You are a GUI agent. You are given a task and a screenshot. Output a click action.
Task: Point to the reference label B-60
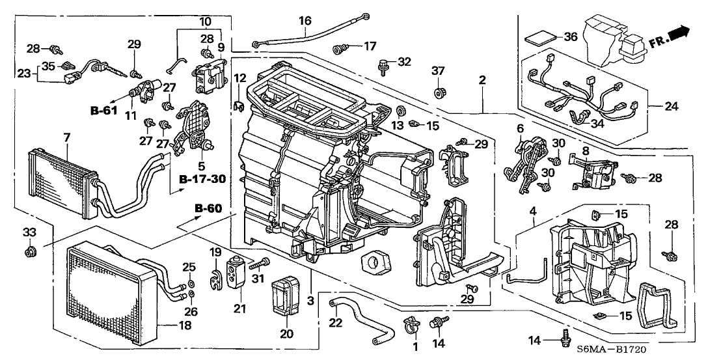coord(209,208)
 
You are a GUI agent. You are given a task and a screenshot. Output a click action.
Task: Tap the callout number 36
coord(571,37)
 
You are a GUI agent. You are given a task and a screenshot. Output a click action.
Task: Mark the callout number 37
coord(437,70)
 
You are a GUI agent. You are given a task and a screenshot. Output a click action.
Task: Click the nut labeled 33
coord(29,251)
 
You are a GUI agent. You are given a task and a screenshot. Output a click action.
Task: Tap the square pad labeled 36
coord(537,37)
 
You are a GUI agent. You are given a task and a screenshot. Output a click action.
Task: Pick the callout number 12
coord(240,79)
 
